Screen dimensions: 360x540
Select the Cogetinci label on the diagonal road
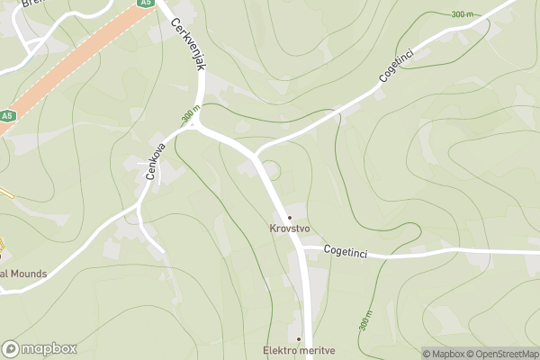pyautogui.click(x=395, y=64)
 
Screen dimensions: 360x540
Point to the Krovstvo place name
pyautogui.click(x=290, y=229)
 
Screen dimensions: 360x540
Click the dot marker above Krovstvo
pyautogui.click(x=290, y=218)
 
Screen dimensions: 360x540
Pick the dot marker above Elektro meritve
pyautogui.click(x=299, y=339)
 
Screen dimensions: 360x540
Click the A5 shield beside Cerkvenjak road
pyautogui.click(x=146, y=4)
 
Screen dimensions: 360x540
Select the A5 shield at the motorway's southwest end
pyautogui.click(x=7, y=116)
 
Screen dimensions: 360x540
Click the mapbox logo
pyautogui.click(x=39, y=348)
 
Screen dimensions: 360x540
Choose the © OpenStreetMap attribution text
pyautogui.click(x=507, y=354)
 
